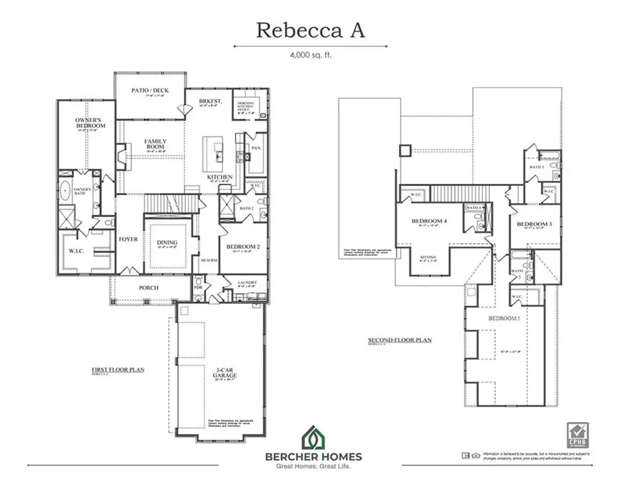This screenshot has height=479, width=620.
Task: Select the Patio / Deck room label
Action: pos(149,91)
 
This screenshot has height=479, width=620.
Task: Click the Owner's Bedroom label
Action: pos(90,123)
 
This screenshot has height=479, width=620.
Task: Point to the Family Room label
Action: pos(155,145)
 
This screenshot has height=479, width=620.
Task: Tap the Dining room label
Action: pos(167,242)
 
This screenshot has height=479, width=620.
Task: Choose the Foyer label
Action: pos(129,240)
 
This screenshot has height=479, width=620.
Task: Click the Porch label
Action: pos(148,287)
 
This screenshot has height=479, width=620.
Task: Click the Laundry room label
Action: pos(247,283)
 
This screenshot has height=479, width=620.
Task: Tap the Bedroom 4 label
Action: pos(428,221)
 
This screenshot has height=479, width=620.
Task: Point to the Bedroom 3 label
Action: pos(535,225)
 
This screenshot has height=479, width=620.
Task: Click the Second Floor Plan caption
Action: pos(400,340)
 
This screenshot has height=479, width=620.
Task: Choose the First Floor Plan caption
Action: pos(118,369)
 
